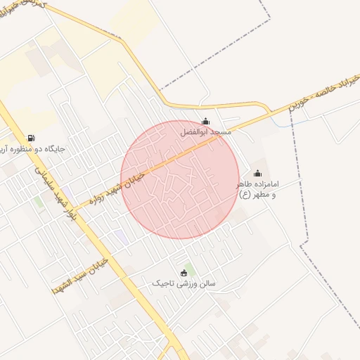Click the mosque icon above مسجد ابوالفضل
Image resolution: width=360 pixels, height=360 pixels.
coord(205,121)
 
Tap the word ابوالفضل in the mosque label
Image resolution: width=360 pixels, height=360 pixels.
coord(191,132)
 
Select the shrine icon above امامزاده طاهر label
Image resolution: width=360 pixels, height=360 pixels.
coord(257,174)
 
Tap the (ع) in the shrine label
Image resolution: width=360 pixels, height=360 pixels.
coord(244,194)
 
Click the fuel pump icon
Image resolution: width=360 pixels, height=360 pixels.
coord(31,139)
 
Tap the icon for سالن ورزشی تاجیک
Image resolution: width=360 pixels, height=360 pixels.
coord(185,273)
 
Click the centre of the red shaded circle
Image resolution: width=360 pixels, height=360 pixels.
coord(180,179)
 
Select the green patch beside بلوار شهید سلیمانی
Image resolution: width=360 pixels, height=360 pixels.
coord(38,203)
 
